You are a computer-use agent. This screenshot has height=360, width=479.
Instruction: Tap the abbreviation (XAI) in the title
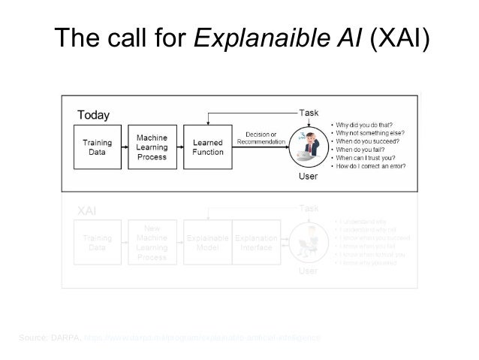pyautogui.click(x=398, y=38)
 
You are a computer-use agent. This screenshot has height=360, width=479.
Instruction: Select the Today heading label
pyautogui.click(x=94, y=115)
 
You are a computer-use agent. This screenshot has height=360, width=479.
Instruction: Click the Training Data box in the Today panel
pyautogui.click(x=97, y=147)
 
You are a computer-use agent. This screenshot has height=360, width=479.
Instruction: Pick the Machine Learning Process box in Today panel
pyautogui.click(x=152, y=147)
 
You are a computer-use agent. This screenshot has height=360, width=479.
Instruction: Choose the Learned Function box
pyautogui.click(x=208, y=147)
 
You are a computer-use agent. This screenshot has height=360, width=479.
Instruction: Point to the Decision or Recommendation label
pyautogui.click(x=261, y=138)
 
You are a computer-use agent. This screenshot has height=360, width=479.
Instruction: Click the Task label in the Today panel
pyautogui.click(x=309, y=112)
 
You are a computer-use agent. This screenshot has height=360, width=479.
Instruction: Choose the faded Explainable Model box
pyautogui.click(x=207, y=243)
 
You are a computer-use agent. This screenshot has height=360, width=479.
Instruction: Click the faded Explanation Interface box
pyautogui.click(x=258, y=243)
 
